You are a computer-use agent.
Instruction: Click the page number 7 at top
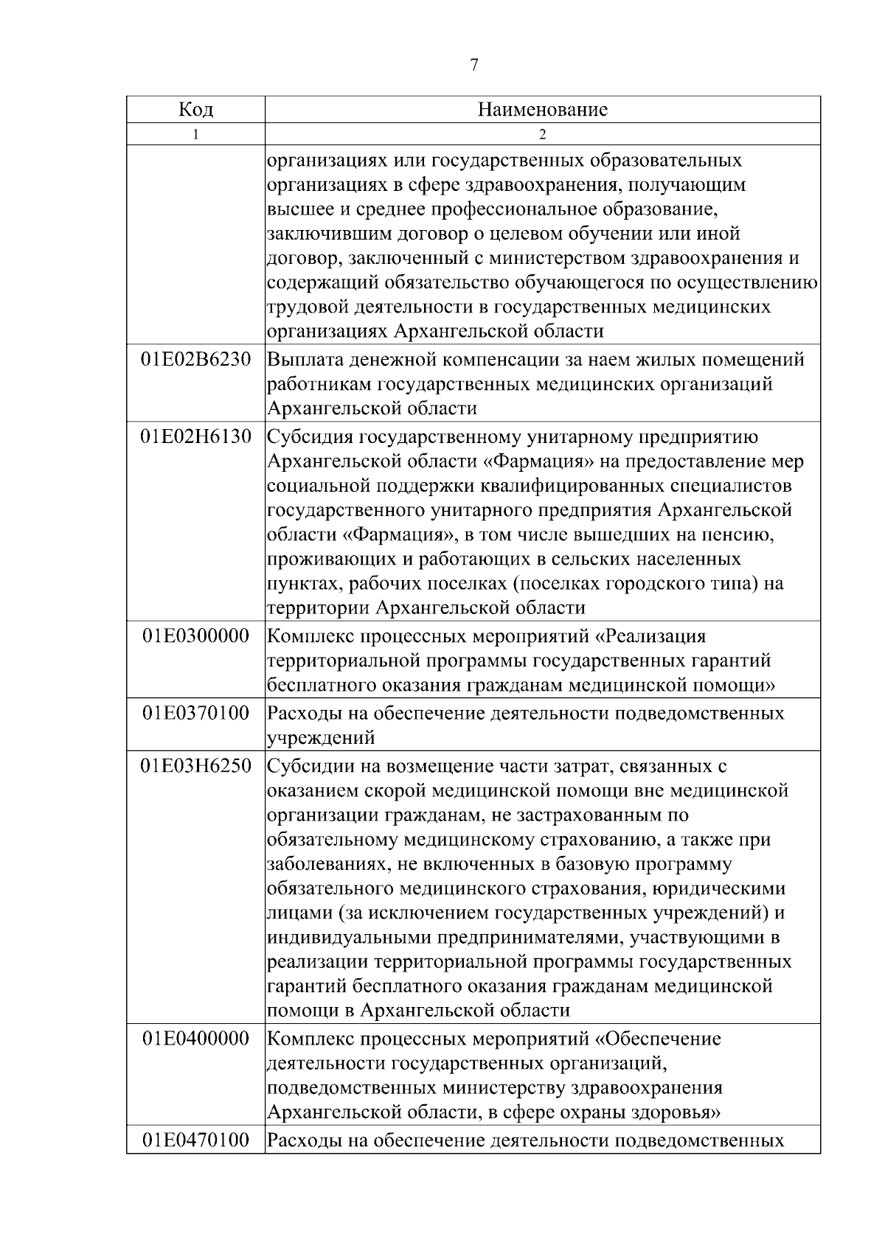click(473, 66)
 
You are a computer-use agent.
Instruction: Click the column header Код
click(195, 110)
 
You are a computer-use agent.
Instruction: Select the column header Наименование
click(543, 110)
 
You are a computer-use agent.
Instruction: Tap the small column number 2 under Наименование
click(543, 135)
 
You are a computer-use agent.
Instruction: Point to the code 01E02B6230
click(195, 360)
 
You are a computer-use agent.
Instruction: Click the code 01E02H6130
click(195, 437)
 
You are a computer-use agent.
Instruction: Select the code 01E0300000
click(195, 635)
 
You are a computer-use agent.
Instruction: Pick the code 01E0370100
click(195, 713)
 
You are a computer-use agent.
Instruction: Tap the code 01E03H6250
click(195, 766)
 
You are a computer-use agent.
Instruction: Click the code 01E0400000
click(195, 1039)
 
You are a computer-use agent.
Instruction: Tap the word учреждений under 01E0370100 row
click(321, 737)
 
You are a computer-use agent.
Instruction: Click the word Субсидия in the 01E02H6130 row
click(310, 437)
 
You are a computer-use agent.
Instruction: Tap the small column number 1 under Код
click(195, 135)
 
